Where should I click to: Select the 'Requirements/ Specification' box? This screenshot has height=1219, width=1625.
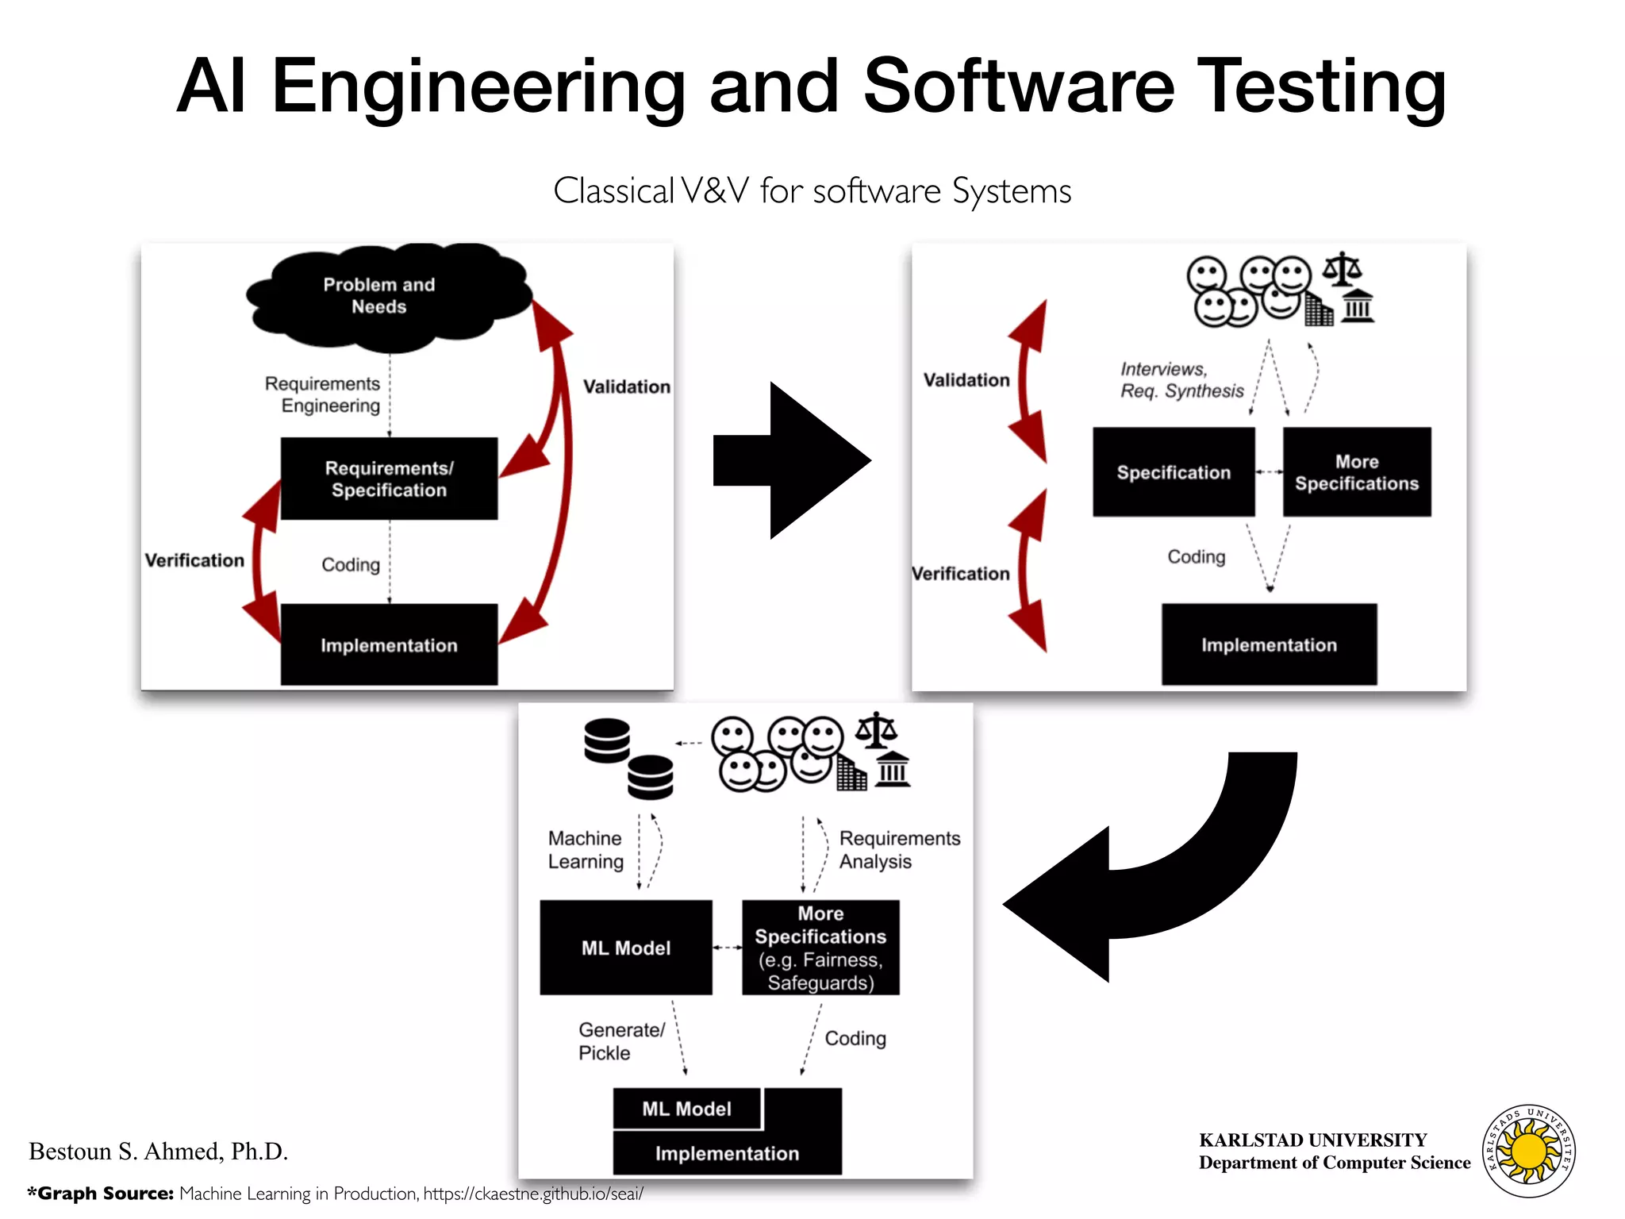point(389,479)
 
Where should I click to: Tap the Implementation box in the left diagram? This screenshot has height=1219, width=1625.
point(389,644)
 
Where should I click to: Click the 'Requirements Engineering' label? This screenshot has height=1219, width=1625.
point(323,394)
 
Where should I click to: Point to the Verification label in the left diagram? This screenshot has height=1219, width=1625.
point(194,560)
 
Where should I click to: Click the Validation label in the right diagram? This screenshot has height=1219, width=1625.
point(966,380)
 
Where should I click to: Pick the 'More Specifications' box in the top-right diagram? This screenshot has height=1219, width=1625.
point(1357,472)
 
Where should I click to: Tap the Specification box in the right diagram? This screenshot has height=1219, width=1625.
point(1174,472)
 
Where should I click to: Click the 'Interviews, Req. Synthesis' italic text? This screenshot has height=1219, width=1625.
point(1181,380)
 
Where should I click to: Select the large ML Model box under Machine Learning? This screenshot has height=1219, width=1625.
point(626,948)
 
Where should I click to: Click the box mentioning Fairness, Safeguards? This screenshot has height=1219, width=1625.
point(820,948)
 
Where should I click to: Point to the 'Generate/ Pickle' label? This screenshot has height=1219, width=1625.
point(620,1041)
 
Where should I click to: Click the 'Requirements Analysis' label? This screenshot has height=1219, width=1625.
point(898,849)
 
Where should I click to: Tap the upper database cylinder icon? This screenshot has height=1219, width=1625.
point(607,740)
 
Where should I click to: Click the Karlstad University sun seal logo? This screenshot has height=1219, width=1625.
point(1529,1151)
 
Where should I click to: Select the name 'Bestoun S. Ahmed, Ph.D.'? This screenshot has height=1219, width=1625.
point(159,1152)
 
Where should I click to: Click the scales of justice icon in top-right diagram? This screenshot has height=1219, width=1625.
point(1342,269)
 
